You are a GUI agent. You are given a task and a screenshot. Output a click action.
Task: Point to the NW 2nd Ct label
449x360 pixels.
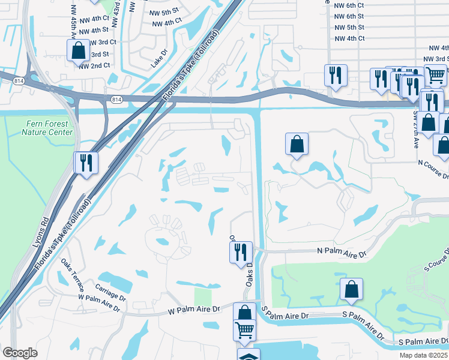94,65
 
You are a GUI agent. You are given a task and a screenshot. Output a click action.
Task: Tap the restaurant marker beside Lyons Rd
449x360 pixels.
86,162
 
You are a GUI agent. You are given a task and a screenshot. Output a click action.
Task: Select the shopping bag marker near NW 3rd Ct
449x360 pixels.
78,50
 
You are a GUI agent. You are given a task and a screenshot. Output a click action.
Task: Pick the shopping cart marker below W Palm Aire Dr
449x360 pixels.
244,329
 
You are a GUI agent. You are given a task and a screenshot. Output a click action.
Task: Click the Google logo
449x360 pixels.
20,352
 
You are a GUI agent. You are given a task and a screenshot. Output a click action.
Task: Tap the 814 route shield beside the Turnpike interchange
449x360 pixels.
116,99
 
